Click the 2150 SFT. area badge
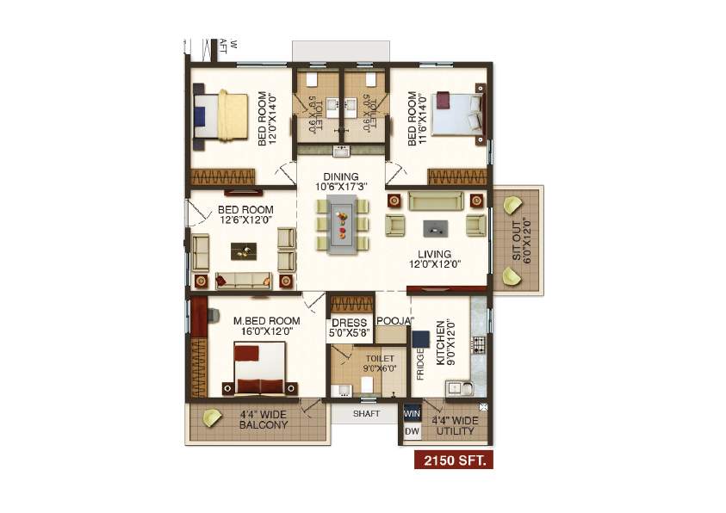pyautogui.click(x=453, y=460)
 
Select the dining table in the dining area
pyautogui.click(x=341, y=225)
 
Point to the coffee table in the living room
pyautogui.click(x=436, y=227)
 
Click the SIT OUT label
pyautogui.click(x=518, y=239)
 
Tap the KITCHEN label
pyautogui.click(x=442, y=343)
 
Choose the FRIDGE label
pyautogui.click(x=420, y=362)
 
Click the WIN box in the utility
pyautogui.click(x=412, y=413)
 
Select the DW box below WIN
pyautogui.click(x=412, y=431)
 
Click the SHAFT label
pyautogui.click(x=365, y=413)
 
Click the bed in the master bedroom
pyautogui.click(x=260, y=368)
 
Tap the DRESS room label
pyautogui.click(x=349, y=326)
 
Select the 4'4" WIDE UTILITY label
pyautogui.click(x=454, y=426)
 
